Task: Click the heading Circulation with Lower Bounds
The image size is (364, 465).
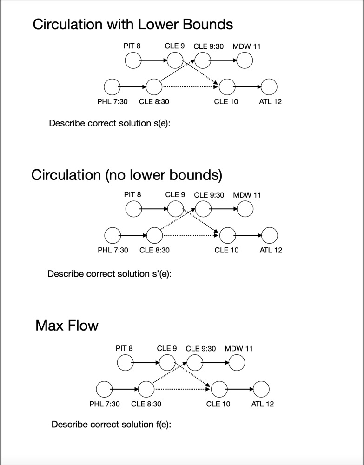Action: (132, 24)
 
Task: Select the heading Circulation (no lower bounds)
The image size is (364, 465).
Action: (126, 175)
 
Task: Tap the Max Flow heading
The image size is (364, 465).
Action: (67, 325)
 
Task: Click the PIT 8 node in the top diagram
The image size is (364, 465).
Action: (133, 60)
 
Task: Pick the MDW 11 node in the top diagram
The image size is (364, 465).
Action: (245, 60)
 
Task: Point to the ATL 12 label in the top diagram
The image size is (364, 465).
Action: (270, 101)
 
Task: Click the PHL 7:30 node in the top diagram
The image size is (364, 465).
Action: (112, 86)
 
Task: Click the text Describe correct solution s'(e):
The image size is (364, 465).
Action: (109, 273)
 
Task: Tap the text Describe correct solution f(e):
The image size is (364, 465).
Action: (111, 424)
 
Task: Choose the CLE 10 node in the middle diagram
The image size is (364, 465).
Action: (226, 235)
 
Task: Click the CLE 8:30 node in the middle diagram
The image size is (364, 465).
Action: (155, 235)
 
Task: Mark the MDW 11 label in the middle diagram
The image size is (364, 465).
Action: (247, 195)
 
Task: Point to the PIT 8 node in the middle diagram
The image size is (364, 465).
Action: (133, 209)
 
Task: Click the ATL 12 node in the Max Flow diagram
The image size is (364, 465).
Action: (261, 389)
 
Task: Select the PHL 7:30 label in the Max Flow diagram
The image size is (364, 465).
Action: (104, 404)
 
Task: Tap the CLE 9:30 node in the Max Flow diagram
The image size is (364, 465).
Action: (194, 363)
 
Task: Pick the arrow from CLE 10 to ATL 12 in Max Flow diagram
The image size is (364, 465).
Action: (240, 389)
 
